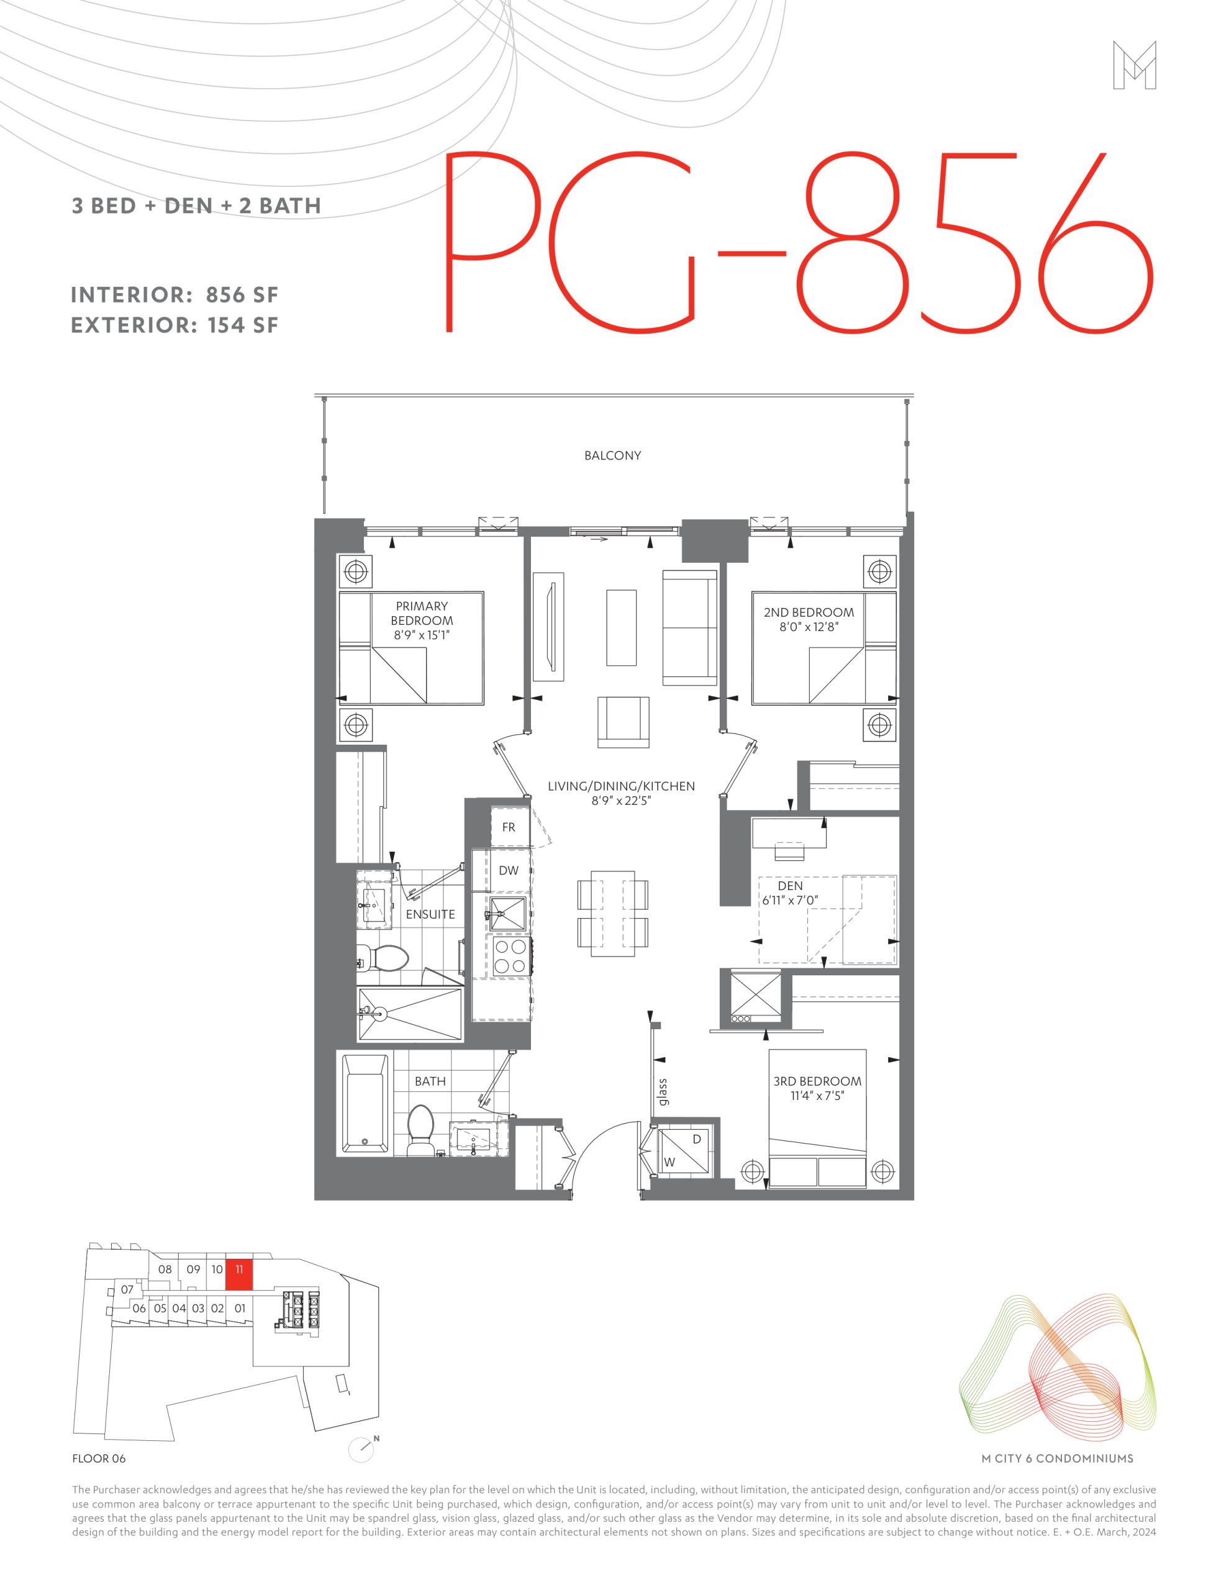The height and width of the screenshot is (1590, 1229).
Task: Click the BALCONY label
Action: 612,456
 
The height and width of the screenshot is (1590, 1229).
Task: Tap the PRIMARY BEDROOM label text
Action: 422,613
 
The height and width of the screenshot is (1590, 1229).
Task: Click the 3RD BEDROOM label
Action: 817,1081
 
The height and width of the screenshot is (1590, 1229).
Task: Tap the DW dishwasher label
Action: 508,870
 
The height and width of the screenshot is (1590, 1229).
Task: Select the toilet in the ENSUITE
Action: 383,958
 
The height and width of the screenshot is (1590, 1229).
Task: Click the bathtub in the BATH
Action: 365,1103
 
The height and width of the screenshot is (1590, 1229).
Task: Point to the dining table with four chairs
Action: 612,914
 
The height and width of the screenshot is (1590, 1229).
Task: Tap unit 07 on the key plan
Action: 127,1289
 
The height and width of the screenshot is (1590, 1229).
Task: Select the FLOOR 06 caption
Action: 99,1458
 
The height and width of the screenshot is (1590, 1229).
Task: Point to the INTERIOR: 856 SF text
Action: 175,295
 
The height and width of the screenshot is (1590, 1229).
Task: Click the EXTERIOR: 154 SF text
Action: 175,325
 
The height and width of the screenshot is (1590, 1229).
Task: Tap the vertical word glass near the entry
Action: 663,1091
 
